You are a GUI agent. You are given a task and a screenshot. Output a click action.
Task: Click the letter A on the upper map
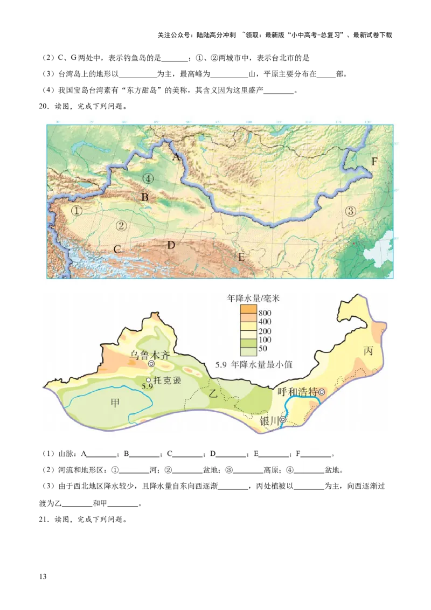175,157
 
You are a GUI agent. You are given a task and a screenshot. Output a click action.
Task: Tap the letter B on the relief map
144,198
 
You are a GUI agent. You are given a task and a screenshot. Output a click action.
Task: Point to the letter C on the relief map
117,249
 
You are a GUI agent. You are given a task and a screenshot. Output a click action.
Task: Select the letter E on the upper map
241,257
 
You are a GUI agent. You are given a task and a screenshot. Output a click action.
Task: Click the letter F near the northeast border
374,161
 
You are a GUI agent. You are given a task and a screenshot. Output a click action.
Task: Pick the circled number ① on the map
77,211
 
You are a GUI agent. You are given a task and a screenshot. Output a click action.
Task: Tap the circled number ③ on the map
351,211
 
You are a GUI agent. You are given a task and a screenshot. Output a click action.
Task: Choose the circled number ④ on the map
148,178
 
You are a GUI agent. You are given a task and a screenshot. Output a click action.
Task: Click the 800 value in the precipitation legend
265,313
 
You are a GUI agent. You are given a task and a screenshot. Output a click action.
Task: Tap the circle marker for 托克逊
149,380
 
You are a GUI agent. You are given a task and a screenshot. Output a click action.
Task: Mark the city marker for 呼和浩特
322,392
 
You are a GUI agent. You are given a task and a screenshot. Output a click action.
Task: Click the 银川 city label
269,421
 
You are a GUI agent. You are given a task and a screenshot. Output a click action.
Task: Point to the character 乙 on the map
213,394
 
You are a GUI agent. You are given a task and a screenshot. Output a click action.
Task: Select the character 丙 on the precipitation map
369,351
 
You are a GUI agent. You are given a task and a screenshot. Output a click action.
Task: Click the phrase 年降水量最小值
262,365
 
